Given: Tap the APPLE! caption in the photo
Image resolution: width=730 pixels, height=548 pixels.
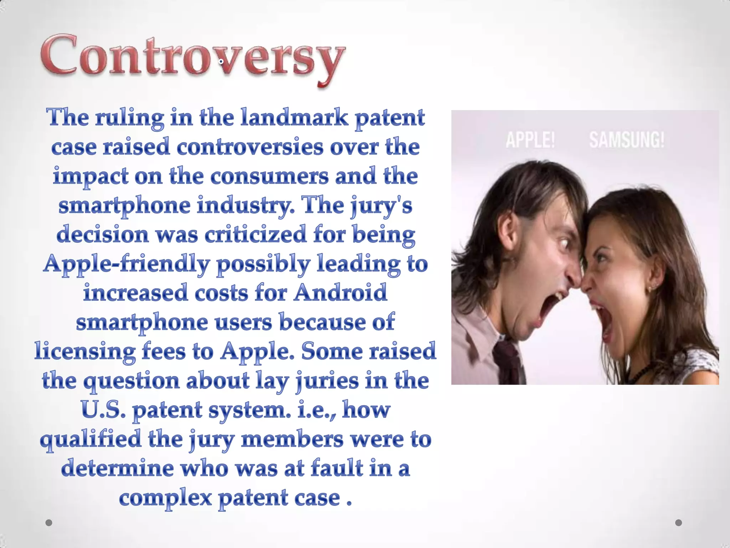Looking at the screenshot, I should click(530, 139).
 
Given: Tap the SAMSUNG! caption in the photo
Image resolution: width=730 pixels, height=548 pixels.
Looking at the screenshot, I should click(627, 139).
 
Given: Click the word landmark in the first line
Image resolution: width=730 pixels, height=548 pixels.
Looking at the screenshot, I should click(294, 117).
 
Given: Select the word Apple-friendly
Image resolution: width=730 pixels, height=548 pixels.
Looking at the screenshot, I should click(126, 264).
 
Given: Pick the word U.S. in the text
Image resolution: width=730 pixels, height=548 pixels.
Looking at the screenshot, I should click(103, 410).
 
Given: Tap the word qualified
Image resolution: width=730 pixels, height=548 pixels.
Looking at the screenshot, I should click(91, 440).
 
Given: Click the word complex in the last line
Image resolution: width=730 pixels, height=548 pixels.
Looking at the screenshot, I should click(165, 498).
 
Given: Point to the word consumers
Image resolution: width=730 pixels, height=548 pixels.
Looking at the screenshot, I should click(269, 177).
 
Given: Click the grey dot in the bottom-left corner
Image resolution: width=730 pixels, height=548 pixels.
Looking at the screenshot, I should click(49, 523).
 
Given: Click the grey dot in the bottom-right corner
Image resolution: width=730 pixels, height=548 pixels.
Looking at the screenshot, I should click(679, 523).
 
